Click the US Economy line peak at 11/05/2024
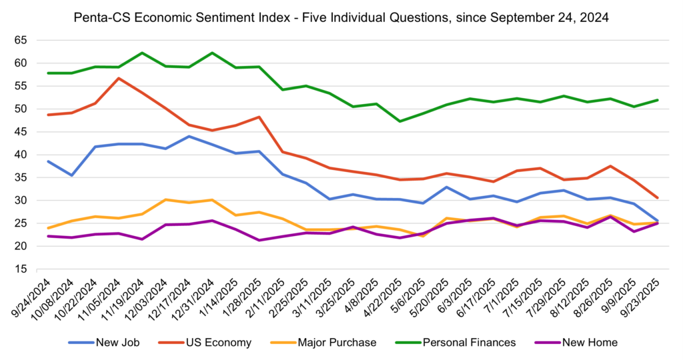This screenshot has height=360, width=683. coord(118,78)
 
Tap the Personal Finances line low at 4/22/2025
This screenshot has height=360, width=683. coord(400,121)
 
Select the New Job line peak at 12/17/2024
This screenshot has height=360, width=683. coord(189,136)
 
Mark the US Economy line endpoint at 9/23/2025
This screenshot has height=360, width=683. coord(658,198)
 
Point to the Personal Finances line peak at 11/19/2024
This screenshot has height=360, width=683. coord(142,53)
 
